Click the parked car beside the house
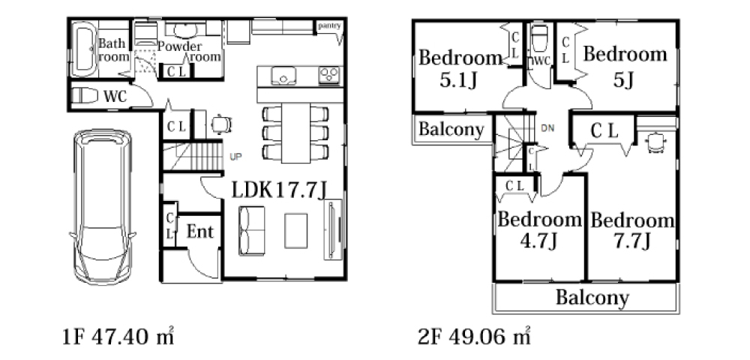coord(102,206)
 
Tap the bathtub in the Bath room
coord(85,49)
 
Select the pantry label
coord(330,25)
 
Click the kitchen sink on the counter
coord(283,76)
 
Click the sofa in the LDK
coord(251,231)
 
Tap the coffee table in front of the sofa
coord(296,231)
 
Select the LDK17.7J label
coord(280,190)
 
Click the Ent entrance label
coord(200,232)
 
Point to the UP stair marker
coord(235,156)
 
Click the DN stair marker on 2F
coord(547,128)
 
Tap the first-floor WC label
coord(115,97)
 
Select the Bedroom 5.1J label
coord(460,69)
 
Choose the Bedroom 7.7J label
coord(632,231)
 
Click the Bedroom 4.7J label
coord(539,229)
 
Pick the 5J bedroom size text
coord(624,80)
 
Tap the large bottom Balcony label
coord(592,298)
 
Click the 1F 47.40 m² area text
coord(118,337)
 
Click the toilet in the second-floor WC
coord(539,37)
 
